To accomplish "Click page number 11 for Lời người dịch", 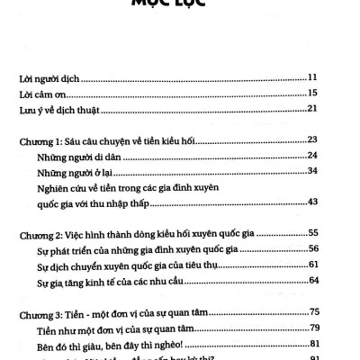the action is [x=334, y=78].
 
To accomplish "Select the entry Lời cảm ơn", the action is [x=44, y=94].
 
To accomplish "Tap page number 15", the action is [x=334, y=94].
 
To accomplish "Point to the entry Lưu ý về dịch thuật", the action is [x=64, y=110].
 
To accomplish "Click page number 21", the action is [x=334, y=110].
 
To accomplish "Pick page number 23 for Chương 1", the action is [x=334, y=140].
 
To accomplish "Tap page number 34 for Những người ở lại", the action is [x=334, y=172].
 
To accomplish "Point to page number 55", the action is [x=334, y=233].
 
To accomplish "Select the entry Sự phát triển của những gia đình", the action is [x=143, y=249].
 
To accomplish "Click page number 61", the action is [x=334, y=265].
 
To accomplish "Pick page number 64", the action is [x=334, y=282].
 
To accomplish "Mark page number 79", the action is [x=334, y=328].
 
